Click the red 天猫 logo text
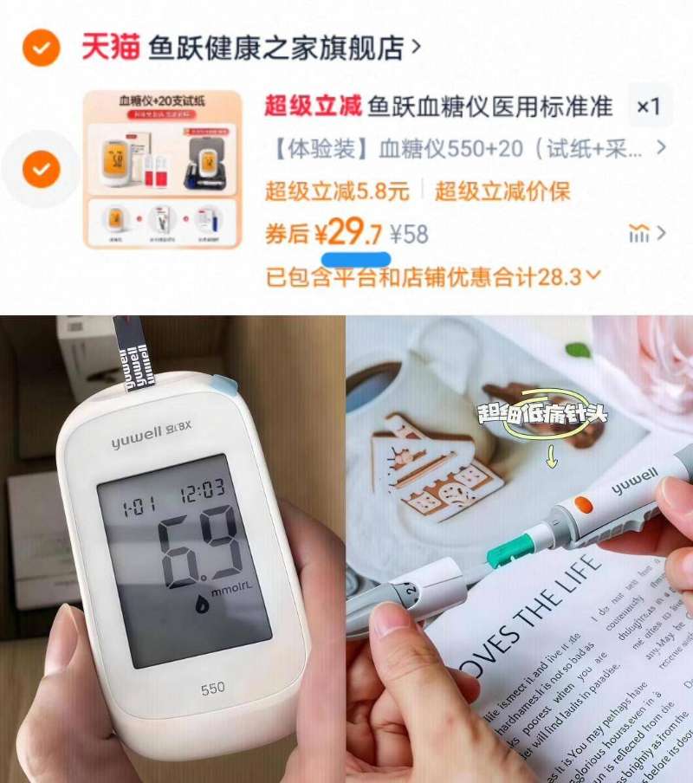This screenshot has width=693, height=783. pos(110,47)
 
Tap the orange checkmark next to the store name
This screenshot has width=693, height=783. pos(41,48)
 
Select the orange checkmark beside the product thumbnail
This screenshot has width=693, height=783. pos(41,169)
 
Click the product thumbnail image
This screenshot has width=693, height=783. pos(162,170)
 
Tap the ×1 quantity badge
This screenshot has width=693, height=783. pos(648,107)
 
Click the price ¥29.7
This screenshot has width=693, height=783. pos(347,233)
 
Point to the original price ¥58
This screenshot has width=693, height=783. pos(409,234)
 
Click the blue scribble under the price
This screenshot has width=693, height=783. pos(355,258)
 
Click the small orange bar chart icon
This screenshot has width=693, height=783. pos(639,233)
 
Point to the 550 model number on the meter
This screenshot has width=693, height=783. pos(212,689)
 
